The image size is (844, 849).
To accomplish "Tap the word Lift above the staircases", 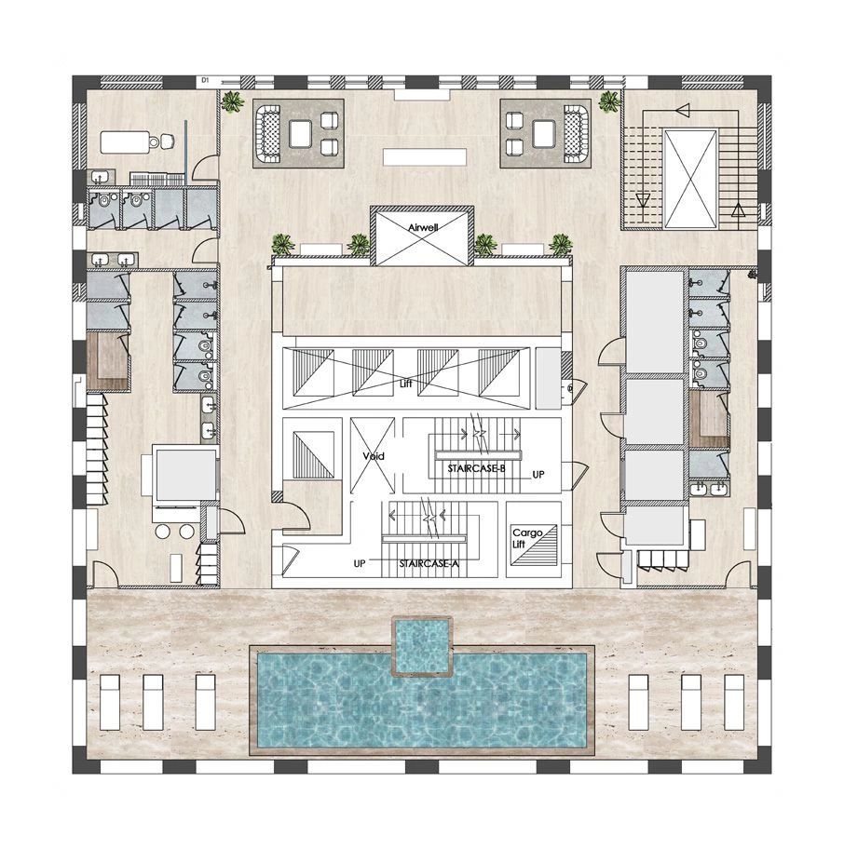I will (405, 383).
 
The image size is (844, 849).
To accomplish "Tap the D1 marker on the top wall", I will (203, 82).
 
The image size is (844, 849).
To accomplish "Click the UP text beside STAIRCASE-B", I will (538, 475).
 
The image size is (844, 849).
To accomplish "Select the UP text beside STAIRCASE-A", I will (359, 564).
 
